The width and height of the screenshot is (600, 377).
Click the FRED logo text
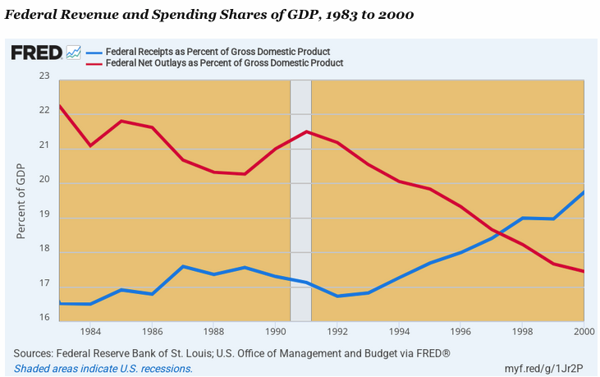click(36, 53)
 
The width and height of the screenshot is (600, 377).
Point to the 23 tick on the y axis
click(44, 76)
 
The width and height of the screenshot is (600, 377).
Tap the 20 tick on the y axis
click(44, 181)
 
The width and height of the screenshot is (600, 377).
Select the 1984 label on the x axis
click(90, 332)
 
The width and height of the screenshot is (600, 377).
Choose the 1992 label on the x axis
click(336, 332)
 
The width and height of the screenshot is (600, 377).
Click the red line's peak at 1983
click(60, 105)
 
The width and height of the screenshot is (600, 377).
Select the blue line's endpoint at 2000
click(584, 191)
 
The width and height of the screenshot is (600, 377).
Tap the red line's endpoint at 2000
click(584, 271)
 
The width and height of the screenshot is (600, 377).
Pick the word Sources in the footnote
click(34, 353)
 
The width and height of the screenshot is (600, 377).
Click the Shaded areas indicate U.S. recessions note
click(103, 369)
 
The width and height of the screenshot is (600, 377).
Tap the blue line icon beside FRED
click(73, 53)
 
